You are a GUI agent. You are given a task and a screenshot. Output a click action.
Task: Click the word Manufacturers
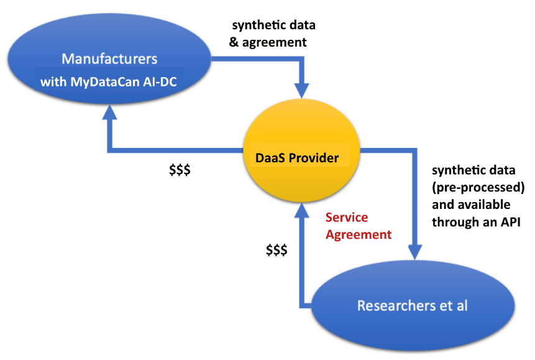pos(109,60)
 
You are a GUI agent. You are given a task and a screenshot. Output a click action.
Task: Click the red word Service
pos(346,218)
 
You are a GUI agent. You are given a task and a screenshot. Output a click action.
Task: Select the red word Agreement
pos(359,234)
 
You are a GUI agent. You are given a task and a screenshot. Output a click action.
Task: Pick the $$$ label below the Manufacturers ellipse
pos(180,169)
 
